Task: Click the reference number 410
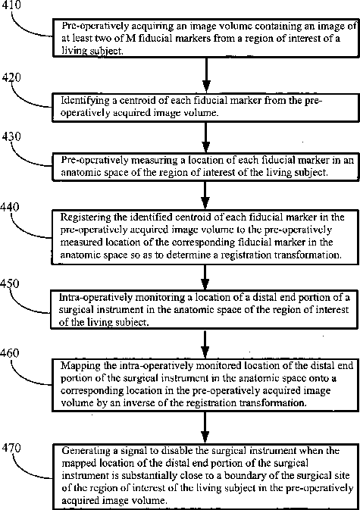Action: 11,5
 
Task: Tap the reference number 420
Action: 11,77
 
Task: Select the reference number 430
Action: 11,136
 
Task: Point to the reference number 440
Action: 10,207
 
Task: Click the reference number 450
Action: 10,283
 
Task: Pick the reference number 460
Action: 10,353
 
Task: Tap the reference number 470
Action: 11,448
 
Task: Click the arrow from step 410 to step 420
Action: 206,75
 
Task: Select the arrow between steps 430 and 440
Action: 205,195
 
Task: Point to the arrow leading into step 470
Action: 205,427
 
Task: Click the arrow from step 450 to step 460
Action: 205,344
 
